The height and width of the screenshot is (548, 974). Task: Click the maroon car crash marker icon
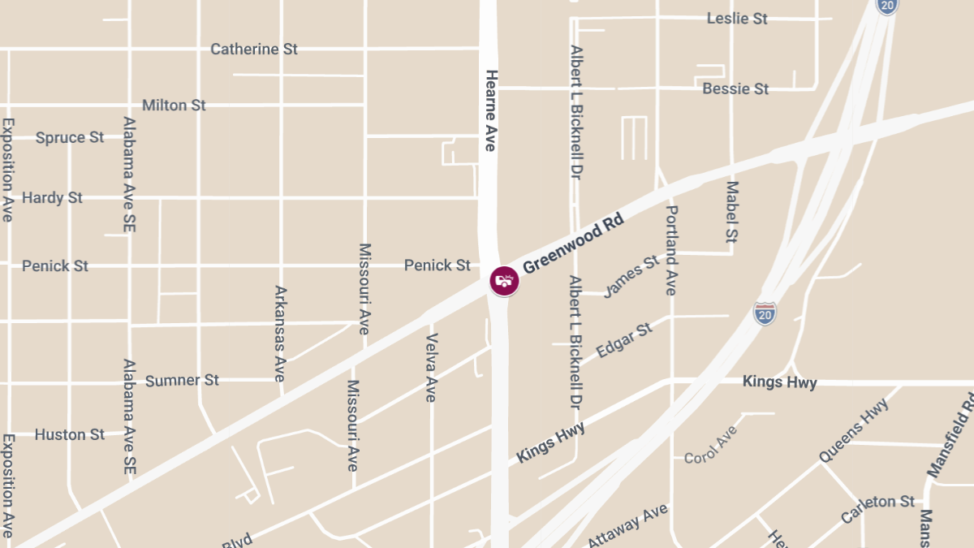coord(504,281)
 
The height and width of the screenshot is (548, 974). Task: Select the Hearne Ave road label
coord(490,110)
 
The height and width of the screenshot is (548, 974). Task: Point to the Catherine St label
coord(254,50)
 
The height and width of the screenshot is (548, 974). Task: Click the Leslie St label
coord(737,19)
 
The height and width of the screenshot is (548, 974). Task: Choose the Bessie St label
coord(735,88)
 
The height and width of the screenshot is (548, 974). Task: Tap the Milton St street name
coord(174,106)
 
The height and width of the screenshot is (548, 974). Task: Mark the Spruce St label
coord(70,138)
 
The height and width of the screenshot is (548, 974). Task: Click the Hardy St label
coord(52,198)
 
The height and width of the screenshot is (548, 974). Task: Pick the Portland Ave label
coord(671,250)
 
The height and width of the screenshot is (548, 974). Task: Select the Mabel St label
coord(732,213)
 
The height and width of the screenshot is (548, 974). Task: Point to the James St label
coord(631,276)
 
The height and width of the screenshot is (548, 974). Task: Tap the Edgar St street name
coord(624,340)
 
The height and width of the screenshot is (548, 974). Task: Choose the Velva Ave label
coord(431,367)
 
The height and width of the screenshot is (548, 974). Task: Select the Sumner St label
coord(182,380)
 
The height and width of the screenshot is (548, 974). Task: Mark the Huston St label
coord(70,435)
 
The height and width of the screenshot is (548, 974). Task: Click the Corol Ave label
coord(710,445)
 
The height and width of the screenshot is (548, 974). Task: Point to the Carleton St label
coord(877,509)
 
